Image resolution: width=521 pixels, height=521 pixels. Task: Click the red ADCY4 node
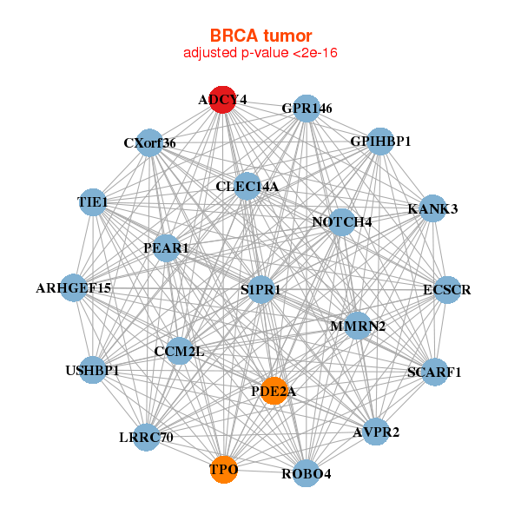click(x=222, y=100)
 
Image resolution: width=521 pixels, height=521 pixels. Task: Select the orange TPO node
click(x=224, y=470)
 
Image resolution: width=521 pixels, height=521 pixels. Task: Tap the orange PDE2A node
click(x=274, y=391)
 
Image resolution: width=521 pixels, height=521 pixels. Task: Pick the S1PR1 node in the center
click(x=261, y=290)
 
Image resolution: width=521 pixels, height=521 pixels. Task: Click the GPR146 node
click(x=307, y=109)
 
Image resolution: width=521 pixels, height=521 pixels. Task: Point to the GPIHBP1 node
click(x=380, y=142)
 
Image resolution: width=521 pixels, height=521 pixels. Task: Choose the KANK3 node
click(x=432, y=208)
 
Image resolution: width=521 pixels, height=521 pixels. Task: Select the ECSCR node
click(x=447, y=290)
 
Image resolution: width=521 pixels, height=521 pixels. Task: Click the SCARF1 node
click(x=435, y=373)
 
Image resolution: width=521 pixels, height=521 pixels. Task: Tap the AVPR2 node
click(x=376, y=432)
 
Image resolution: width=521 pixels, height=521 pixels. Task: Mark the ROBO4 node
click(x=307, y=473)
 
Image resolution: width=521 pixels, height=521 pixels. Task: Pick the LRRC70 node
click(x=146, y=438)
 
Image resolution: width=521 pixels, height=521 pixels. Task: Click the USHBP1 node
click(x=92, y=370)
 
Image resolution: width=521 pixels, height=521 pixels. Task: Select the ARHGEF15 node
click(x=74, y=287)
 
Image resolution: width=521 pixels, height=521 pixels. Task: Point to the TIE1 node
click(x=93, y=202)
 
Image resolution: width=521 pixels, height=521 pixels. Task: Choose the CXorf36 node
click(x=149, y=143)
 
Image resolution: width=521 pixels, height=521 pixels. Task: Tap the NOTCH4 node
click(x=341, y=222)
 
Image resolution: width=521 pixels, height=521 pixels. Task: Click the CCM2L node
click(x=180, y=351)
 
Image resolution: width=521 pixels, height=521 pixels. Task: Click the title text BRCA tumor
click(x=261, y=36)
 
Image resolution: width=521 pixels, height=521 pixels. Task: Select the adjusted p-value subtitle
click(x=260, y=53)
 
